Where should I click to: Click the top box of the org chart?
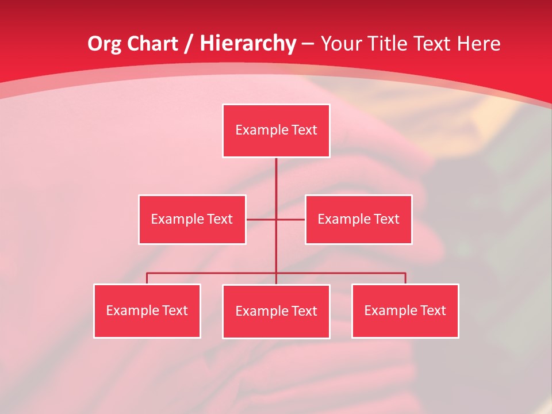pyautogui.click(x=276, y=131)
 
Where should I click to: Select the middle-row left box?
pyautogui.click(x=192, y=220)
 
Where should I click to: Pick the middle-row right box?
pyautogui.click(x=358, y=220)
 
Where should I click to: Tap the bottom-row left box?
pyautogui.click(x=147, y=311)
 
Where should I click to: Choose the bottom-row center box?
pyautogui.click(x=276, y=312)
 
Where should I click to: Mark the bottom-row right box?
pyautogui.click(x=405, y=311)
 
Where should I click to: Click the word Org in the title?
pyautogui.click(x=104, y=44)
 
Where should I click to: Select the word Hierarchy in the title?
pyautogui.click(x=248, y=44)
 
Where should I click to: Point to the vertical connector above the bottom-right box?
pyautogui.click(x=405, y=278)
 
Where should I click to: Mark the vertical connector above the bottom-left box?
pyautogui.click(x=147, y=278)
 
